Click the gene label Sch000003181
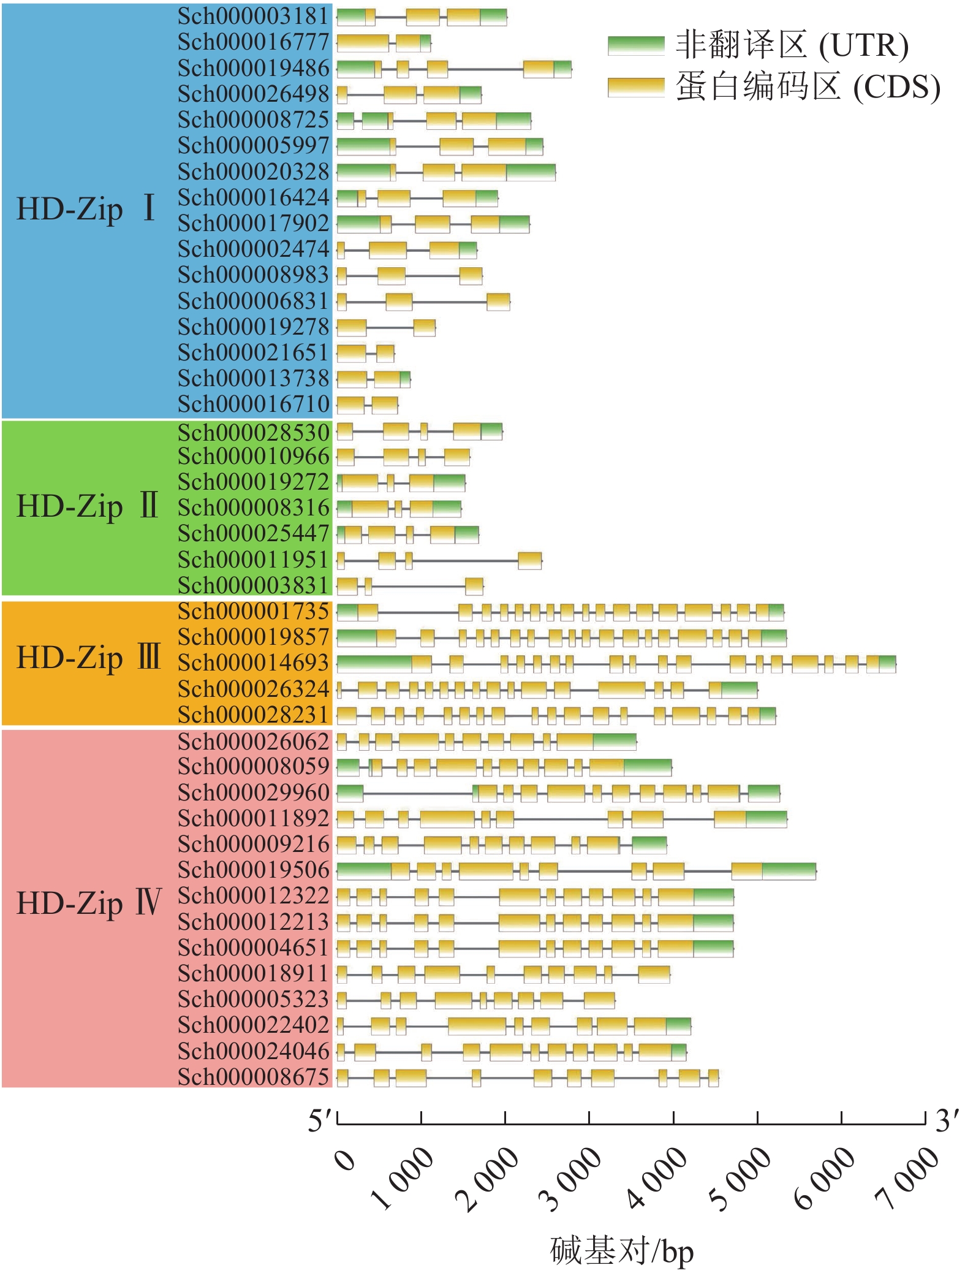pos(253,17)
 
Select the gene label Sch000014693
pos(253,663)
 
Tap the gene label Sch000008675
pos(253,1077)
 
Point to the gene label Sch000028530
pos(253,433)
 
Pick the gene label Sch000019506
pos(253,870)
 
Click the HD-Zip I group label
pos(86,208)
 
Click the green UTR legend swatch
pos(635,45)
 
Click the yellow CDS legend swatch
pos(635,87)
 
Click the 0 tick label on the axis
pos(345,1160)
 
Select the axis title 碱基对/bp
pos(622,1250)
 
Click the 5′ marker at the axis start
pos(321,1120)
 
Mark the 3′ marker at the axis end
pos(946,1120)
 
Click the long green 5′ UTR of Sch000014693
pos(374,663)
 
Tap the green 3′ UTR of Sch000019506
pos(789,870)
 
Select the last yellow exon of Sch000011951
pos(529,560)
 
